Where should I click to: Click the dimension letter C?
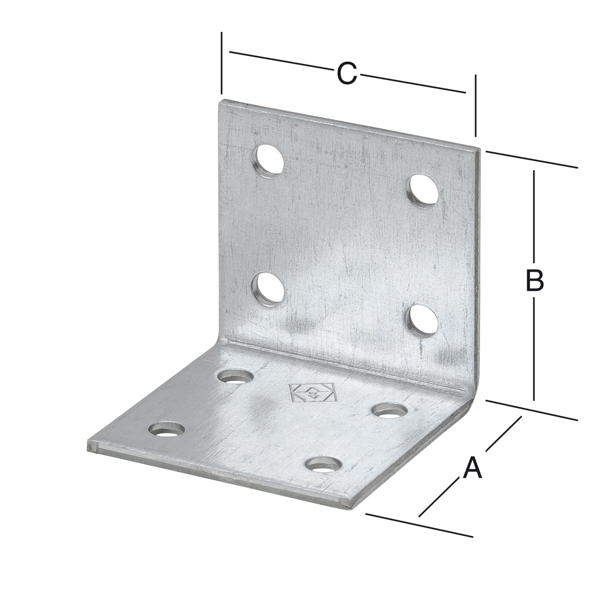(x=347, y=74)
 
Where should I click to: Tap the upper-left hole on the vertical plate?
(x=268, y=161)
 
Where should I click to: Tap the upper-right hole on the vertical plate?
(x=423, y=191)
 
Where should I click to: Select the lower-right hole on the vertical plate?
(x=422, y=321)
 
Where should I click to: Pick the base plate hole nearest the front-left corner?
(x=167, y=430)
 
